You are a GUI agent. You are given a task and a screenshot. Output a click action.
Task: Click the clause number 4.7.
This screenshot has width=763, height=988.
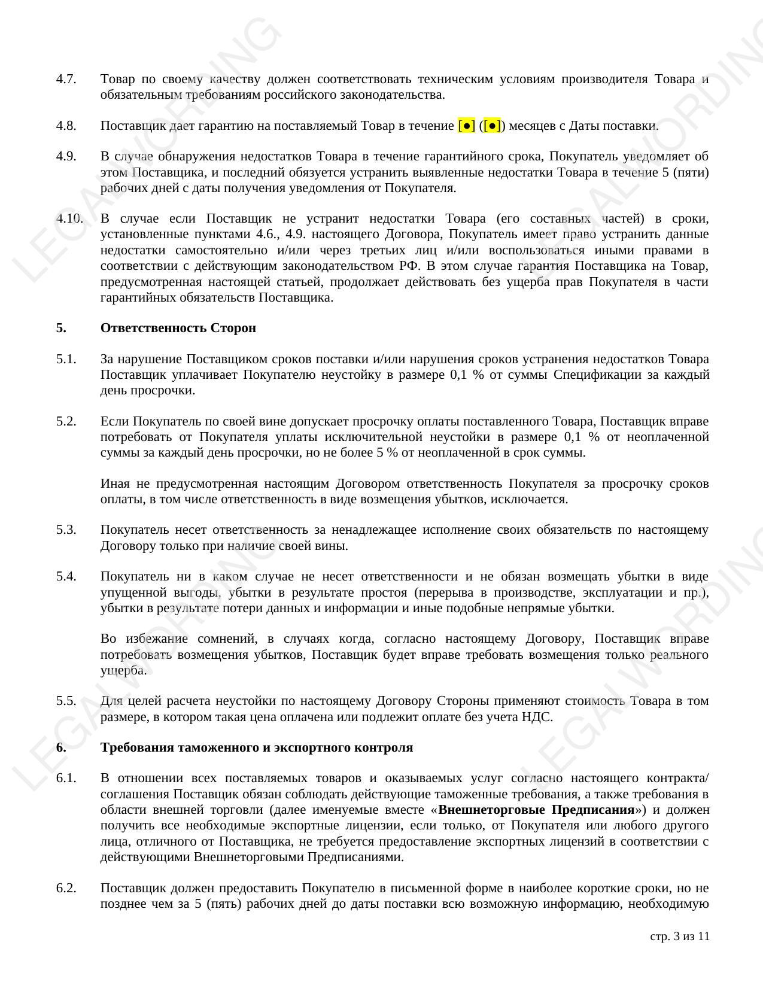pos(66,79)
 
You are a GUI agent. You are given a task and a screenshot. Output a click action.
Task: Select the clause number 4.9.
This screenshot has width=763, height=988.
pos(66,156)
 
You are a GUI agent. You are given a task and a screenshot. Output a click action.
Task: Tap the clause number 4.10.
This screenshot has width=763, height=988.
pos(69,218)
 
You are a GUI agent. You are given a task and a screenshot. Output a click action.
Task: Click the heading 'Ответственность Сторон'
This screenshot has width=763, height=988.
pos(178,328)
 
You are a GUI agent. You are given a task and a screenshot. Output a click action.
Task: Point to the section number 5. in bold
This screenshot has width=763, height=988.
pos(61,328)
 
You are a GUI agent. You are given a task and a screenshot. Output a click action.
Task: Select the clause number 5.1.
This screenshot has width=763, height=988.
pos(66,359)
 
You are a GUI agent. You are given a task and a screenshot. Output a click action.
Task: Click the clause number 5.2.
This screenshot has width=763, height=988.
pos(66,421)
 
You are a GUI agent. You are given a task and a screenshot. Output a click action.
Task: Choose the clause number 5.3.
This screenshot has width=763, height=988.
pos(66,530)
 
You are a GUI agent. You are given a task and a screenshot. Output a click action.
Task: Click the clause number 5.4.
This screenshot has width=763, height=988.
pos(66,576)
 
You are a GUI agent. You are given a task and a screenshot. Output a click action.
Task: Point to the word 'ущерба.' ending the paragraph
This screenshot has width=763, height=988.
pos(123,670)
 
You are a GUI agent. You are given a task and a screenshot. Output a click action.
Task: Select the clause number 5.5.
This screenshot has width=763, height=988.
pos(66,701)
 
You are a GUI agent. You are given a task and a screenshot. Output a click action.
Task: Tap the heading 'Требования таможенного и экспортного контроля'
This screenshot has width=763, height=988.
pos(257,747)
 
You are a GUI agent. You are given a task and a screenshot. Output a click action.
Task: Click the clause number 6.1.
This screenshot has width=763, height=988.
pos(66,779)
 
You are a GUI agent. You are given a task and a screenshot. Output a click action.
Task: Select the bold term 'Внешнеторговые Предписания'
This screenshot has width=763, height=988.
pos(536,810)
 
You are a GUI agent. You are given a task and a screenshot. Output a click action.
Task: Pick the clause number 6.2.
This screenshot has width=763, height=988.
pos(66,888)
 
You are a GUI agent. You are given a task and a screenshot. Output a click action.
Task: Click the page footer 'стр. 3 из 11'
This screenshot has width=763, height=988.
pos(679,937)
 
